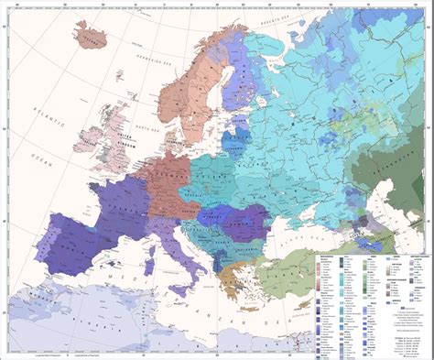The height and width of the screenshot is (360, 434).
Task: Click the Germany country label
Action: tap(170, 174)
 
